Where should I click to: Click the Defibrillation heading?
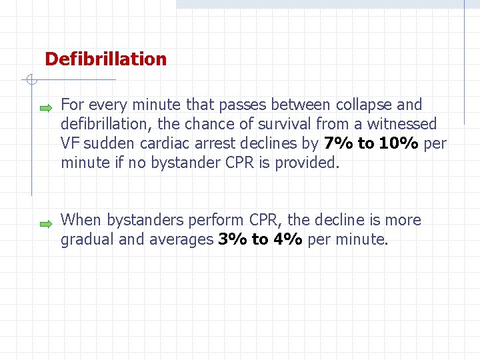pyautogui.click(x=105, y=59)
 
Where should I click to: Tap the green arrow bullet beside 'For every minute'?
pyautogui.click(x=45, y=107)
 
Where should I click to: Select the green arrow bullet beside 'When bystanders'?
pyautogui.click(x=45, y=223)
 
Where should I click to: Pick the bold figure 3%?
pyautogui.click(x=233, y=239)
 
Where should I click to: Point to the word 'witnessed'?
pyautogui.click(x=404, y=124)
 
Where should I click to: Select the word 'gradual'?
pyautogui.click(x=87, y=239)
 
